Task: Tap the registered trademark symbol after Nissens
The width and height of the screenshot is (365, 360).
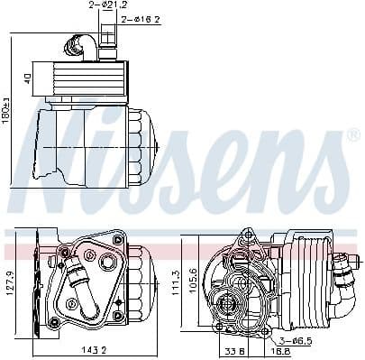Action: pyautogui.click(x=353, y=134)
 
